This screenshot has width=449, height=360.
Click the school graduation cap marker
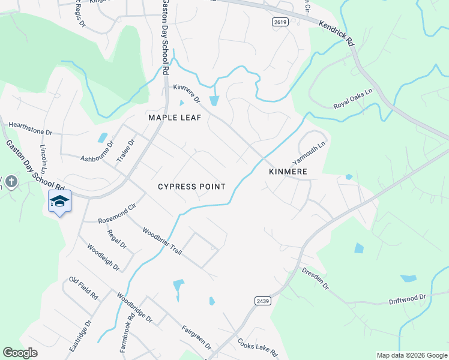(59, 200)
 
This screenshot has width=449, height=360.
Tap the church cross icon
(11, 181)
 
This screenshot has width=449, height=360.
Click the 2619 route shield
(279, 22)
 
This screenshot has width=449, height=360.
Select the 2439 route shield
(262, 301)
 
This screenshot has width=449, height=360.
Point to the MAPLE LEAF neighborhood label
(175, 118)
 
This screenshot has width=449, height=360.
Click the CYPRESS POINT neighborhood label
(191, 187)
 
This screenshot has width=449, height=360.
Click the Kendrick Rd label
(337, 35)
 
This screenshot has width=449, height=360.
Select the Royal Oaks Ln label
(354, 99)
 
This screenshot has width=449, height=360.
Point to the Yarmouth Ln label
(309, 152)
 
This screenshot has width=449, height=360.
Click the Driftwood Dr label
(407, 298)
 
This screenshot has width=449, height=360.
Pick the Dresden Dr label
(315, 278)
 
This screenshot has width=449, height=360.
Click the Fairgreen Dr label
(196, 337)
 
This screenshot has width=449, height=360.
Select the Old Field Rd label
(83, 289)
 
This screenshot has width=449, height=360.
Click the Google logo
(20, 353)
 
